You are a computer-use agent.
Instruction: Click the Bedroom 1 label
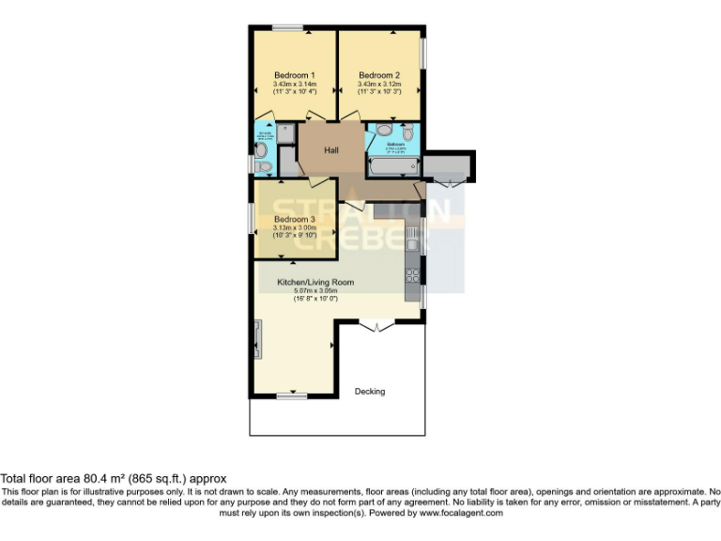tap(294, 75)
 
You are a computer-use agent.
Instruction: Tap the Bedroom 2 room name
tap(379, 75)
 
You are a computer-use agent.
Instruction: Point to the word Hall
tap(331, 150)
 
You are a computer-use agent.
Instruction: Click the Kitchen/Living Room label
tap(314, 282)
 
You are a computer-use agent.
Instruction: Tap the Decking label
tap(369, 392)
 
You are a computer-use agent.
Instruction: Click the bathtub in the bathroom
tap(392, 168)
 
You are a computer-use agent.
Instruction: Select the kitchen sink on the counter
tap(412, 247)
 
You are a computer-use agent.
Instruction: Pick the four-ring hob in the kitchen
tap(412, 275)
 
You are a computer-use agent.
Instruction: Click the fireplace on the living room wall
tap(258, 338)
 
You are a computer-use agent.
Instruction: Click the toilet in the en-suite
tap(264, 167)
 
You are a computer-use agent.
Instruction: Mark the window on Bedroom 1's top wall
tap(287, 27)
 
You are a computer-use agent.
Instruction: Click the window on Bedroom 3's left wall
tap(251, 219)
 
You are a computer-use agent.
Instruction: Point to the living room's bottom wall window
tap(291, 396)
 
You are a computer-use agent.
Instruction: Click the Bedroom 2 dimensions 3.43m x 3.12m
tap(379, 85)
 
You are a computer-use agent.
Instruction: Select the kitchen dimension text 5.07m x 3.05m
tap(314, 291)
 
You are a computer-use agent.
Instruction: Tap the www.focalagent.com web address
tap(461, 513)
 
